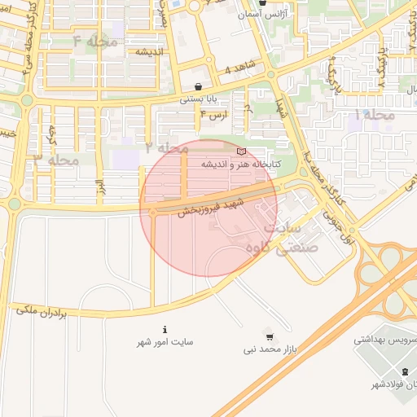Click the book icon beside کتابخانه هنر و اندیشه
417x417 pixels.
239,151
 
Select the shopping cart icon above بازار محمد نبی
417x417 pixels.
269,336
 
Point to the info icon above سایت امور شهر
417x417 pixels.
165,330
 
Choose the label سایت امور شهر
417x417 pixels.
165,343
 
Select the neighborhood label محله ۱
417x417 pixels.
375,116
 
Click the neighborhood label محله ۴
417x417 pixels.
95,41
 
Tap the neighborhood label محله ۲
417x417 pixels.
167,147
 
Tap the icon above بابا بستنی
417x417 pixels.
200,86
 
